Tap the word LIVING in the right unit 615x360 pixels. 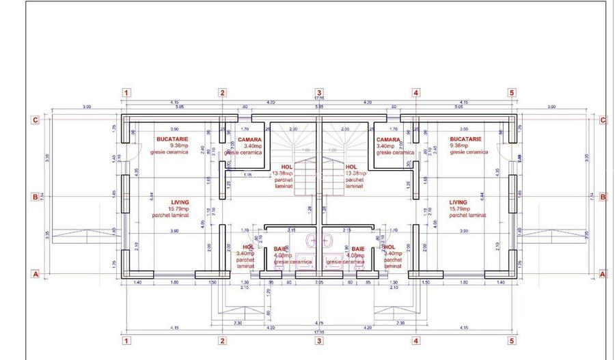(459, 202)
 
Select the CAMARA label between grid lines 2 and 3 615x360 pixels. (250, 139)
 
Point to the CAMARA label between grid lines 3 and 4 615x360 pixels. (388, 139)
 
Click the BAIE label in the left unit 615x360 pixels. (280, 249)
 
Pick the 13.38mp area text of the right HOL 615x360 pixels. (354, 173)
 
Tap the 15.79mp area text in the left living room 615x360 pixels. (180, 208)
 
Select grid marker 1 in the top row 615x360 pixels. (126, 92)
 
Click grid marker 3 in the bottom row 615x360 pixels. (318, 340)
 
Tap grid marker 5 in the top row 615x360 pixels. (511, 92)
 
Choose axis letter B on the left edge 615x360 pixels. (34, 197)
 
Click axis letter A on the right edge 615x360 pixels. (602, 274)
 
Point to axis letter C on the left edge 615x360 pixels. (34, 120)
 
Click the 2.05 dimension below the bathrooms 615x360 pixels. (318, 282)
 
